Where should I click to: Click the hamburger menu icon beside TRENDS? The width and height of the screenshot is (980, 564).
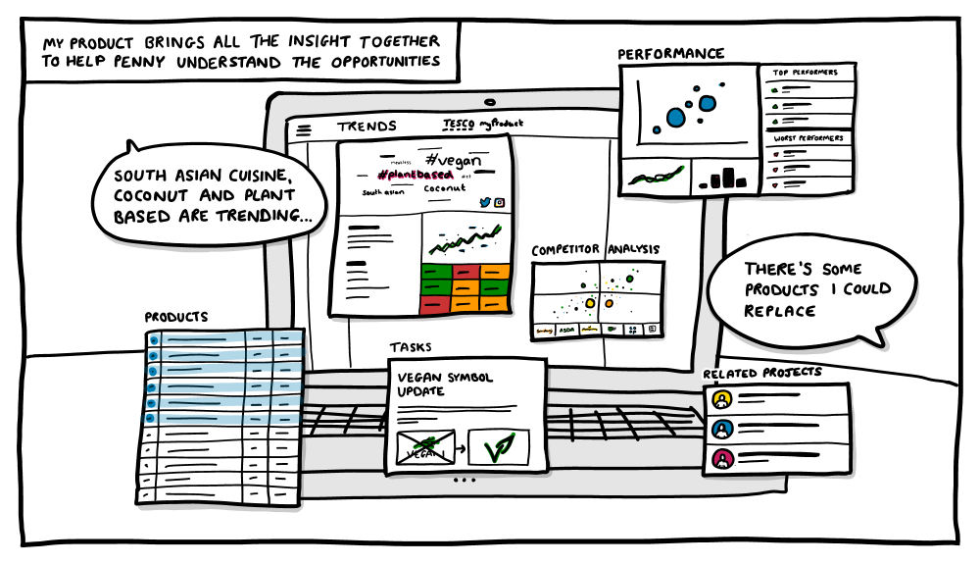(x=304, y=128)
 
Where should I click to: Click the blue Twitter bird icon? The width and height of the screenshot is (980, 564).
(x=484, y=202)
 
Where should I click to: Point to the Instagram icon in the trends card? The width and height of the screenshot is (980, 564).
(x=499, y=202)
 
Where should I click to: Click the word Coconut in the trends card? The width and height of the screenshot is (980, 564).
(x=445, y=188)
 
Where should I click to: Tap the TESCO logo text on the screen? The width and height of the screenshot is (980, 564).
(x=454, y=124)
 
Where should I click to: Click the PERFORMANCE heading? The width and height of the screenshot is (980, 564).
(x=671, y=54)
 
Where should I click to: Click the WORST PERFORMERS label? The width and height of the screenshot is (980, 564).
(x=808, y=139)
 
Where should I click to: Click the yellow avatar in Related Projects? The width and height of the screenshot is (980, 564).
(x=721, y=399)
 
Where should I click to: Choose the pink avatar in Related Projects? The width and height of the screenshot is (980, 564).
(x=721, y=457)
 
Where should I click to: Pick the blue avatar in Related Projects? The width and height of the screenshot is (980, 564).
(x=721, y=429)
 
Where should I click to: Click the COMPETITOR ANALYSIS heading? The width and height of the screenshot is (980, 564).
(x=596, y=251)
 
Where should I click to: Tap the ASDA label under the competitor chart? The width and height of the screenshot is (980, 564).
(x=566, y=331)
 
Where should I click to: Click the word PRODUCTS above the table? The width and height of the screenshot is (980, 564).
(x=176, y=318)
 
